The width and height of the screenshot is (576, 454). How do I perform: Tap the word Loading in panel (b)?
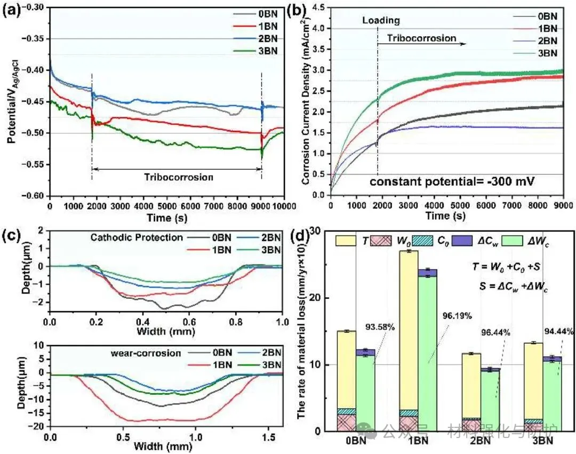click(x=381, y=21)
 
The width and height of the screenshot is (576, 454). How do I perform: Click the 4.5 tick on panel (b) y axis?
click(x=319, y=7)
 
